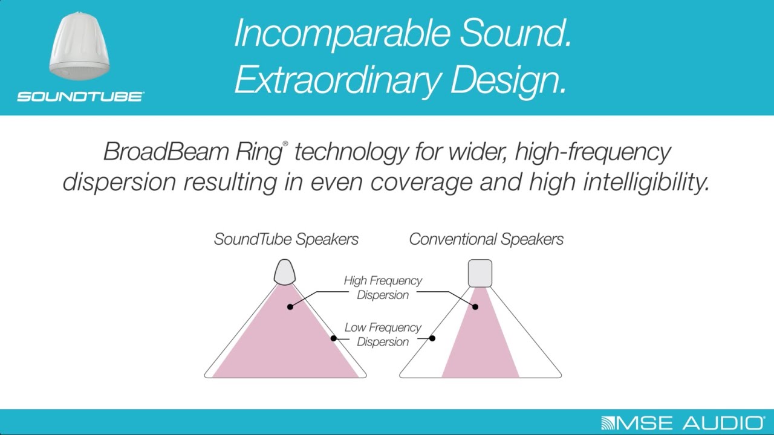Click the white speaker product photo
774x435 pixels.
click(79, 47)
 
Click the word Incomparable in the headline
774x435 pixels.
click(342, 34)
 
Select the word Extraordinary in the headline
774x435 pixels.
click(337, 80)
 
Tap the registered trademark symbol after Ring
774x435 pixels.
click(285, 143)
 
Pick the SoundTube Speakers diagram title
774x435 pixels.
click(286, 239)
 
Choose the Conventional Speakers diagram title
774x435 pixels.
click(486, 239)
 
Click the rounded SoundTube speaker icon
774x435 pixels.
click(284, 272)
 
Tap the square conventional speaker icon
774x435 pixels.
click(480, 273)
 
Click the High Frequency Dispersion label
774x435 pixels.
click(383, 288)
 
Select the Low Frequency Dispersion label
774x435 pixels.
click(383, 335)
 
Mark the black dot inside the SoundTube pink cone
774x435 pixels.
click(290, 306)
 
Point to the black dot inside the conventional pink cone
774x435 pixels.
click(475, 306)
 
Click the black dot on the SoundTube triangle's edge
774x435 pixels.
click(333, 338)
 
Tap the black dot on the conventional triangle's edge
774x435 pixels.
click(432, 338)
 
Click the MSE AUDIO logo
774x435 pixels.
click(683, 423)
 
